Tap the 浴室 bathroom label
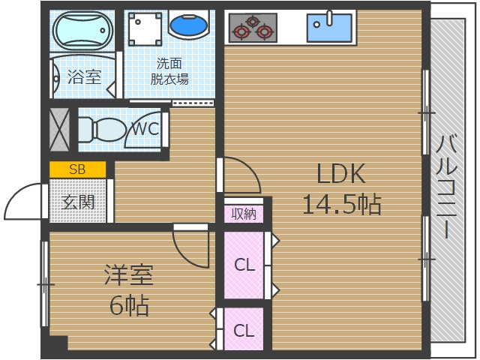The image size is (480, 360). pyautogui.click(x=84, y=76)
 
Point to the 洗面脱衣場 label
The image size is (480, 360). pyautogui.click(x=169, y=71)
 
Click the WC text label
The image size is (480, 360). pyautogui.click(x=145, y=128)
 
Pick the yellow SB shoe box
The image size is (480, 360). pyautogui.click(x=77, y=169)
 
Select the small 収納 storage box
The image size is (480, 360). pyautogui.click(x=244, y=213)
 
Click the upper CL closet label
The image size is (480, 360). pyautogui.click(x=244, y=265)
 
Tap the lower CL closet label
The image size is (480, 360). pyautogui.click(x=243, y=330)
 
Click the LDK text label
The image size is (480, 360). pyautogui.click(x=340, y=174)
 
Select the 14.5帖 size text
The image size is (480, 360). pyautogui.click(x=341, y=203)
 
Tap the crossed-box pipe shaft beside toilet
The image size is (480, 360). pyautogui.click(x=60, y=127)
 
